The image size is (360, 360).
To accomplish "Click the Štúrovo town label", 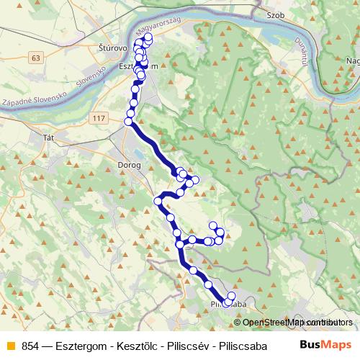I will coord(112,49).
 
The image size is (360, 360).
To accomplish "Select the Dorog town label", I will coord(106,165).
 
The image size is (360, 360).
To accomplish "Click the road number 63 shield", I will coord(37,56).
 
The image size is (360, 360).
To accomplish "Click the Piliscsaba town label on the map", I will coord(229,305).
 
